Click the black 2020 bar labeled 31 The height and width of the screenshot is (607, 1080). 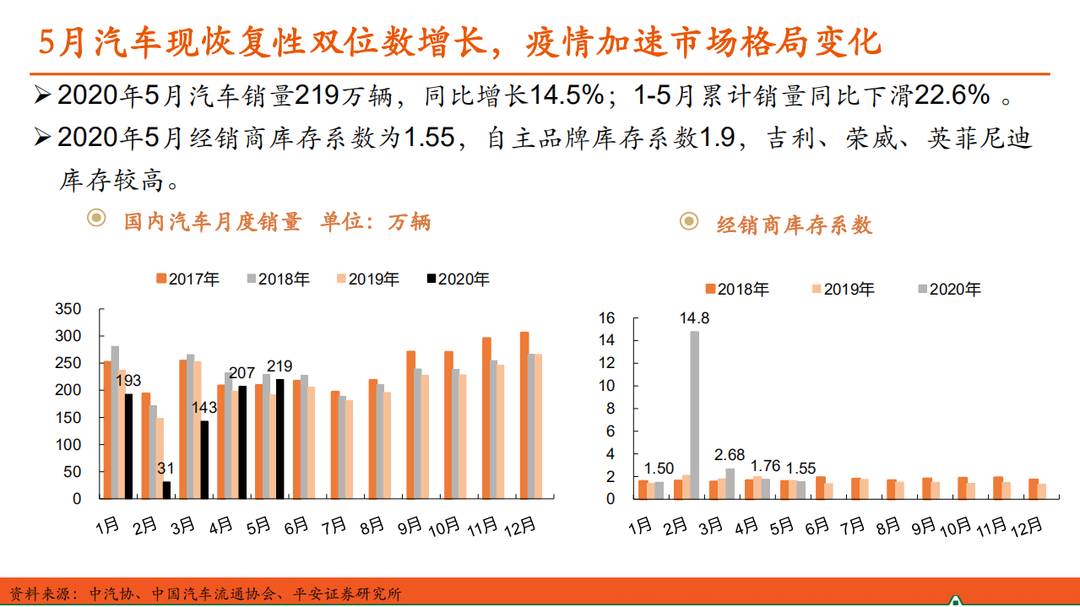166,490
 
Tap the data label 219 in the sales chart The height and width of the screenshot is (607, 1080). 279,366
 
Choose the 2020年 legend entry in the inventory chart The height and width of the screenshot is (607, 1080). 949,290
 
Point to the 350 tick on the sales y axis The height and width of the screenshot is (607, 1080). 68,309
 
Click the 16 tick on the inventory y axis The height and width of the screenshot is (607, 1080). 606,318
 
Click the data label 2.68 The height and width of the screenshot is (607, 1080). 729,456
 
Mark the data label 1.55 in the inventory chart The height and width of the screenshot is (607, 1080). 801,469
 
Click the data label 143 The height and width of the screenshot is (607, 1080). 204,408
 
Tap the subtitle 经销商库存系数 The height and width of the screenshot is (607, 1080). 794,225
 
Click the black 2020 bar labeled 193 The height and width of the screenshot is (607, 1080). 128,446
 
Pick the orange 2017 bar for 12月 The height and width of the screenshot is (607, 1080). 524,415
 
